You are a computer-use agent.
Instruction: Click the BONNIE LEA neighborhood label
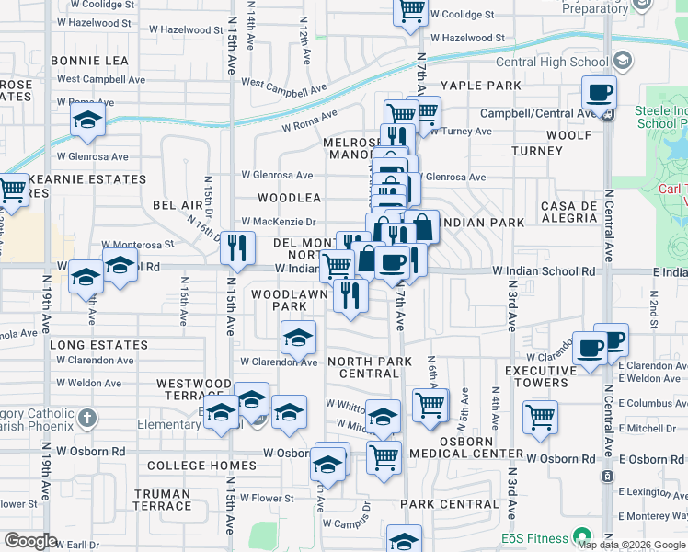tap(90, 61)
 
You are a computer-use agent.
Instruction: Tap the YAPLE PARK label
tap(481, 86)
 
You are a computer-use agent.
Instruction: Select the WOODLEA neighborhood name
tap(289, 198)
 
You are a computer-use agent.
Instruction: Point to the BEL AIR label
tap(177, 204)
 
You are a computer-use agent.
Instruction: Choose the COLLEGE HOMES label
tap(189, 466)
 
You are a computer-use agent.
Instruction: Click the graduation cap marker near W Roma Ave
tap(88, 120)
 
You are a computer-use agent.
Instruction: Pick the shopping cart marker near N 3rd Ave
tap(540, 416)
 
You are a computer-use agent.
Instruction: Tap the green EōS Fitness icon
tap(580, 535)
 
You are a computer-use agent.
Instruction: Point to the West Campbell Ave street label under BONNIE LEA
tap(101, 79)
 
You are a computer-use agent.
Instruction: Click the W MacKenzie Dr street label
tap(278, 222)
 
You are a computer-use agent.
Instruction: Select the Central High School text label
tap(552, 63)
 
